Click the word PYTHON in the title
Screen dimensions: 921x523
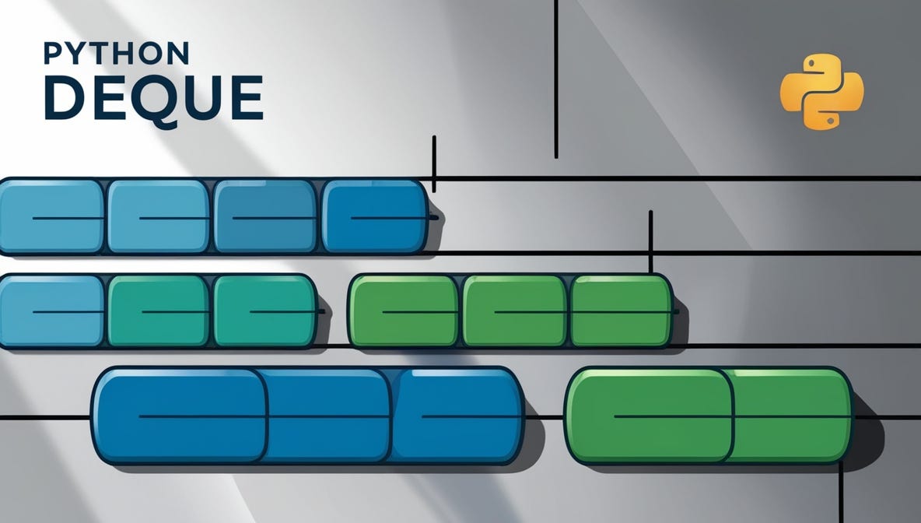coord(117,54)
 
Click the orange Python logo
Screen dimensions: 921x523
coord(821,91)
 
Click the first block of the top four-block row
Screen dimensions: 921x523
coord(51,216)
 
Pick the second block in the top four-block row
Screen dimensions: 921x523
coord(159,216)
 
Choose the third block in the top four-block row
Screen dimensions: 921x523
coord(265,216)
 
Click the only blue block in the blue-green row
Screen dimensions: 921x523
coord(51,311)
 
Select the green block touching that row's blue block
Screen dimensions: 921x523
coord(159,311)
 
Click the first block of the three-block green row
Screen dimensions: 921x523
coord(404,311)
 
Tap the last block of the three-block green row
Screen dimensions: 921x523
coord(622,311)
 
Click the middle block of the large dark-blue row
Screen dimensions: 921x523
coord(328,416)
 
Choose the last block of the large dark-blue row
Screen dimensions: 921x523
coord(457,416)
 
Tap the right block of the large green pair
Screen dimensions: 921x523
coord(790,416)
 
